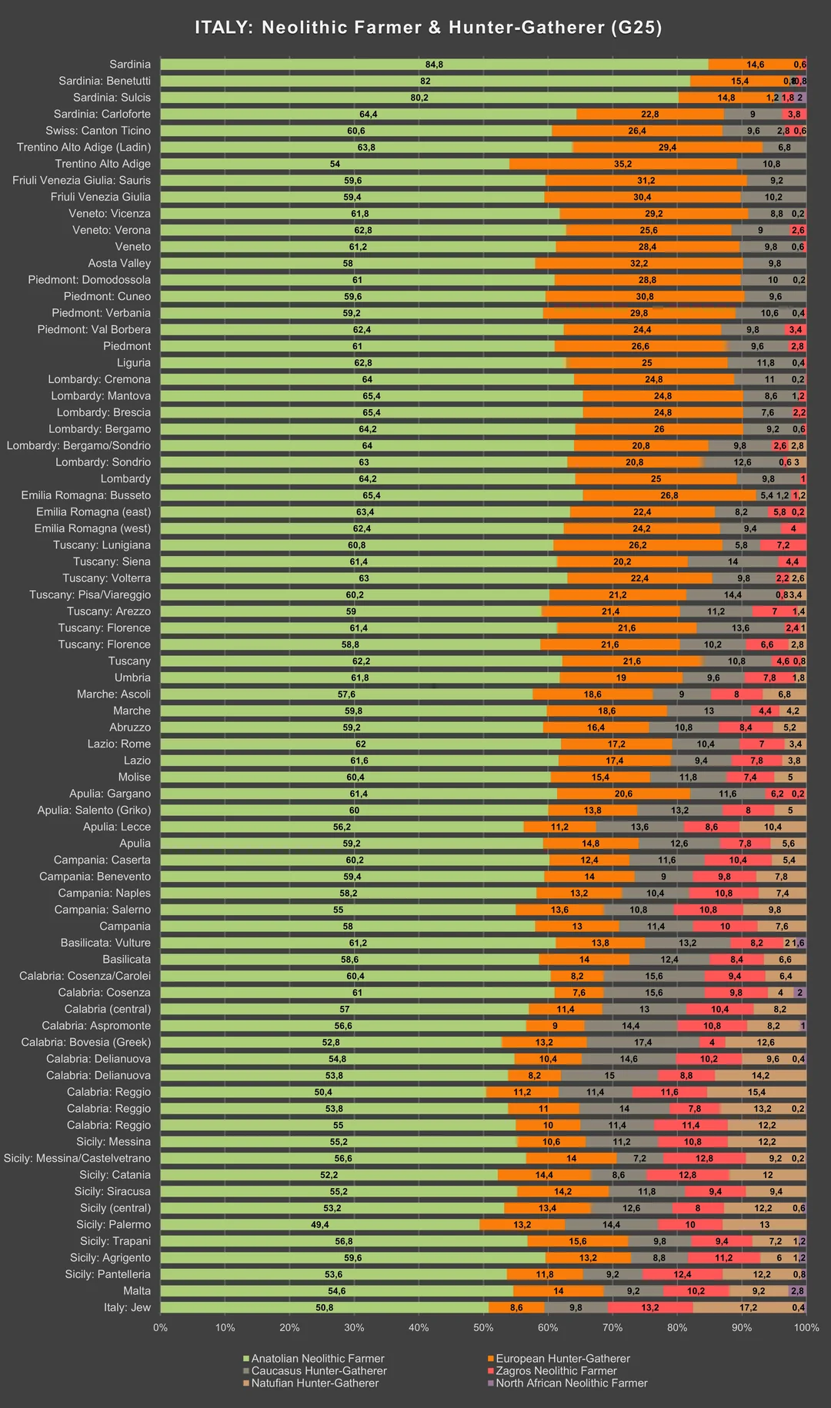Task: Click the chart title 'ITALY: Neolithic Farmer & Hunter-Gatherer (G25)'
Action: [429, 28]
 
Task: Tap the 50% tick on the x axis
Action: [483, 1327]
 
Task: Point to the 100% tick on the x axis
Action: [806, 1327]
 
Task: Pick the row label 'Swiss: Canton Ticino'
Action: [98, 131]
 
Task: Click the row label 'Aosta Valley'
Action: [119, 263]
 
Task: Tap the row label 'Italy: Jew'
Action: [127, 1307]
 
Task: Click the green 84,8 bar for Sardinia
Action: [434, 65]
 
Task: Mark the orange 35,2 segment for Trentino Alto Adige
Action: [622, 164]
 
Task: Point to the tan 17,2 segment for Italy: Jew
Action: [748, 1307]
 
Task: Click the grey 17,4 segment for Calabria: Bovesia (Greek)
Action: [643, 1042]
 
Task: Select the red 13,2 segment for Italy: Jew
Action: [650, 1307]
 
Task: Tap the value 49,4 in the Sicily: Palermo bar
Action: [319, 1224]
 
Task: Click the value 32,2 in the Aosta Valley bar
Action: [639, 263]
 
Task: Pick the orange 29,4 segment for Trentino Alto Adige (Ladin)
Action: [667, 147]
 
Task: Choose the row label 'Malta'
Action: [137, 1290]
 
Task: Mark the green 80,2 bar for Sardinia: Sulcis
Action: [419, 98]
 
